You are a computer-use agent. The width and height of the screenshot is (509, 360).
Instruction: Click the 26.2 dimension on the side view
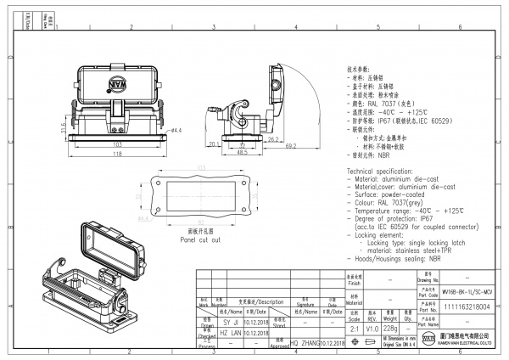(273, 138)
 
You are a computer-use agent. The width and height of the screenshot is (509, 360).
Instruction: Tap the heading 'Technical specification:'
(389, 172)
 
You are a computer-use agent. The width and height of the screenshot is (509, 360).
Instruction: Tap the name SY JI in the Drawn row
(231, 323)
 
